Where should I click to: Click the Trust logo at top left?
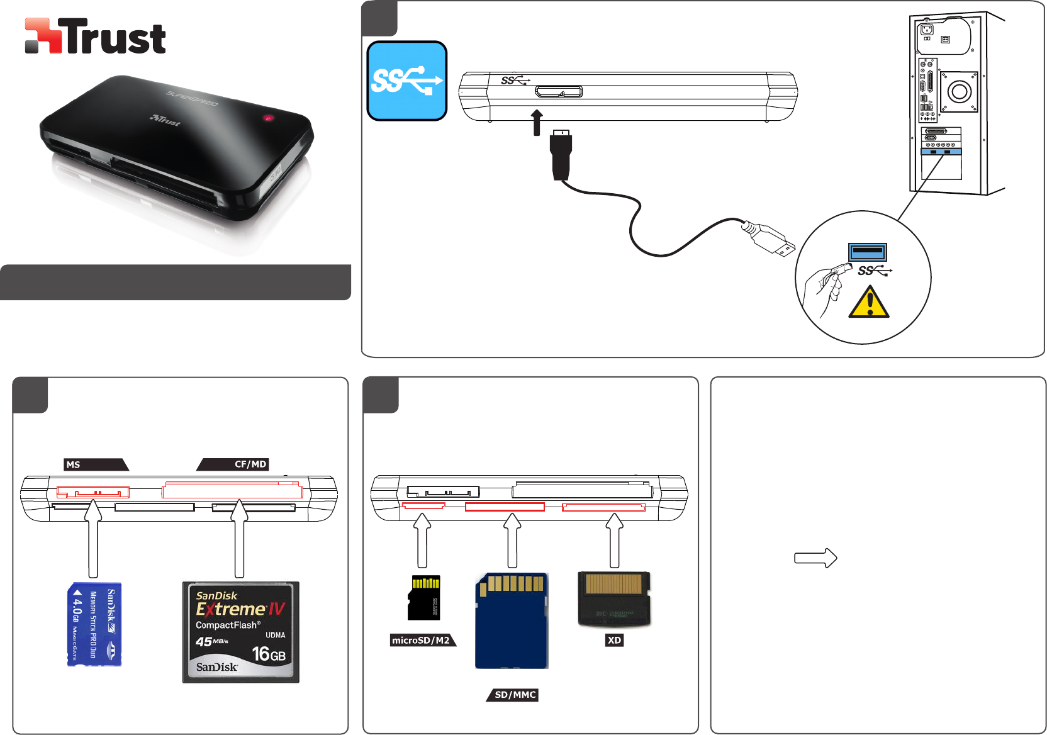pyautogui.click(x=95, y=36)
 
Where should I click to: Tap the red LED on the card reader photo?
pyautogui.click(x=269, y=118)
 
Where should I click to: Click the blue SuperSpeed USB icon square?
pyautogui.click(x=407, y=81)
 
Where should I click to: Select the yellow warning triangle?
pyautogui.click(x=869, y=303)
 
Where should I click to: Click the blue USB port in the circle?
pyautogui.click(x=868, y=252)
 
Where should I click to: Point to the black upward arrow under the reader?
pyautogui.click(x=537, y=122)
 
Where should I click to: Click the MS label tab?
pyautogui.click(x=95, y=464)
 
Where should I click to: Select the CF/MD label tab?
pyautogui.click(x=234, y=464)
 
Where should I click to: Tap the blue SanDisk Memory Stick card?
pyautogui.click(x=94, y=624)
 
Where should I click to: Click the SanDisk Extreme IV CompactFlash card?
pyautogui.click(x=240, y=632)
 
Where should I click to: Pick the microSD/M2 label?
pyautogui.click(x=422, y=640)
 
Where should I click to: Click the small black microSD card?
pyautogui.click(x=424, y=597)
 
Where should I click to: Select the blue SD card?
pyautogui.click(x=511, y=620)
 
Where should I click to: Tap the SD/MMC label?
pyautogui.click(x=513, y=695)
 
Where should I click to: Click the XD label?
pyautogui.click(x=614, y=640)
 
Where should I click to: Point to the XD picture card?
pyautogui.click(x=614, y=599)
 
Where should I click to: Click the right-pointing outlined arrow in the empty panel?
pyautogui.click(x=815, y=558)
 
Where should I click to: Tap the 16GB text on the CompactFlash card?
pyautogui.click(x=269, y=654)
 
